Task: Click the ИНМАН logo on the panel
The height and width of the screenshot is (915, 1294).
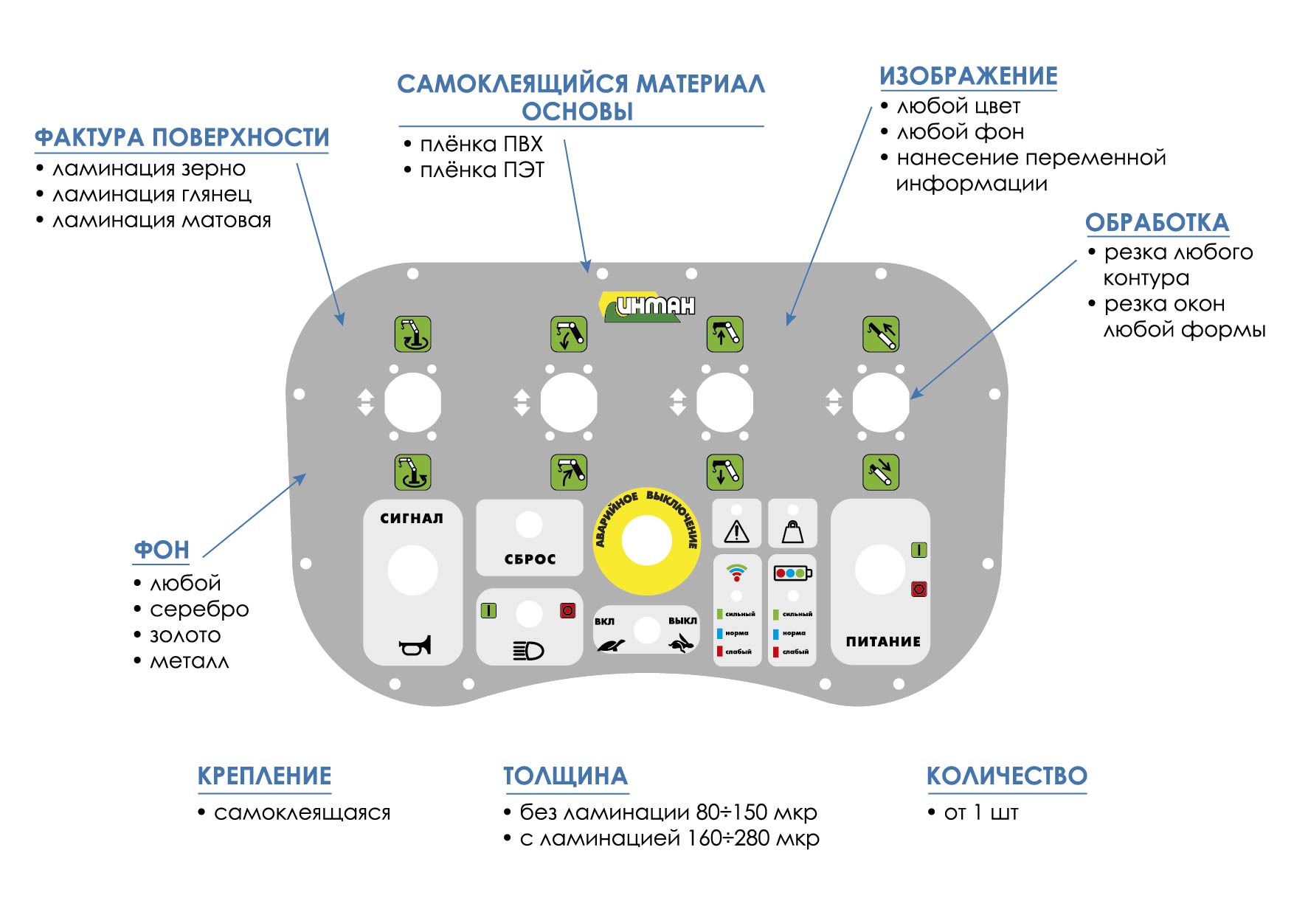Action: [649, 306]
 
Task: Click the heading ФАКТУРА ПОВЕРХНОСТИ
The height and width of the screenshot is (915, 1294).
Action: [181, 138]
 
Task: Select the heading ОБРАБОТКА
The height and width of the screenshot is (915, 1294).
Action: [1156, 223]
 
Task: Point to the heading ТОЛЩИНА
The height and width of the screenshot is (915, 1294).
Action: [565, 776]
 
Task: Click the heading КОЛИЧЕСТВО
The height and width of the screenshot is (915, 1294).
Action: [1006, 776]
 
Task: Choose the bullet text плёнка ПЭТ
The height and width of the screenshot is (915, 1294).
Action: [482, 170]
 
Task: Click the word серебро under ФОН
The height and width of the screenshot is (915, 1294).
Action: [199, 610]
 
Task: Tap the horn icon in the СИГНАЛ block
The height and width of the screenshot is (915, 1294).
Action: [415, 646]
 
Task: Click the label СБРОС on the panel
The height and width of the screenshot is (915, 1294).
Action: [530, 559]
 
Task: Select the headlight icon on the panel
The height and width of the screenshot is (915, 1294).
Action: [528, 650]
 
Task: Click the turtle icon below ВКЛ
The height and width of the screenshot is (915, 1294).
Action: [611, 645]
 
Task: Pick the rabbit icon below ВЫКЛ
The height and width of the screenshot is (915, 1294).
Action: [682, 644]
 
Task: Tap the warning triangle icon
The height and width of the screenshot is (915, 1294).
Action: [736, 531]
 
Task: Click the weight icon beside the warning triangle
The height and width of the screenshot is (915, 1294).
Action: [792, 531]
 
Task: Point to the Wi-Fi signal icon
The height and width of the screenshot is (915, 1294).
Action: [736, 572]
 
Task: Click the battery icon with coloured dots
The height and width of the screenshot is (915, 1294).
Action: [792, 573]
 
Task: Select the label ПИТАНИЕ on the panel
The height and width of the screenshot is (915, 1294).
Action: [883, 642]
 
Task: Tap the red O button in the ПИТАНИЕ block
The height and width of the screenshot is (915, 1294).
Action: [918, 589]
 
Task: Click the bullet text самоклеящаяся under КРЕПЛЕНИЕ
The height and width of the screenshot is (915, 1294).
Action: [302, 813]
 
